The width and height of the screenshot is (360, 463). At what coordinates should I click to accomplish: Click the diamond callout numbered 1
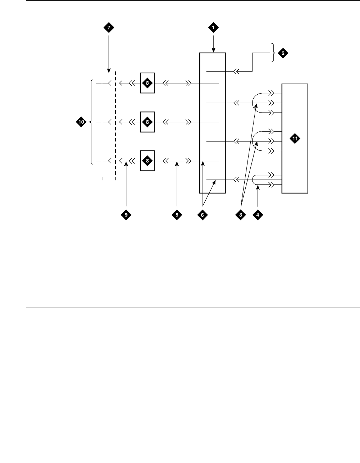(x=213, y=27)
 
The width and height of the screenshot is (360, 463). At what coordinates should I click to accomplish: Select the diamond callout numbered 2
(x=282, y=53)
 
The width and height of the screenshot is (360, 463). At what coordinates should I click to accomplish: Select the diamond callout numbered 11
(x=295, y=139)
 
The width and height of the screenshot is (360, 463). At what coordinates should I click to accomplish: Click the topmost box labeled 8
(x=147, y=83)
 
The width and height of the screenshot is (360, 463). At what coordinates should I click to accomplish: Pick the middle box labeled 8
(x=147, y=122)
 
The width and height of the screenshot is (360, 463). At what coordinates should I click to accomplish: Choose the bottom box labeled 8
(x=147, y=161)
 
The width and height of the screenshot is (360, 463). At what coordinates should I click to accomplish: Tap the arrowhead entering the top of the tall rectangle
(x=213, y=50)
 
